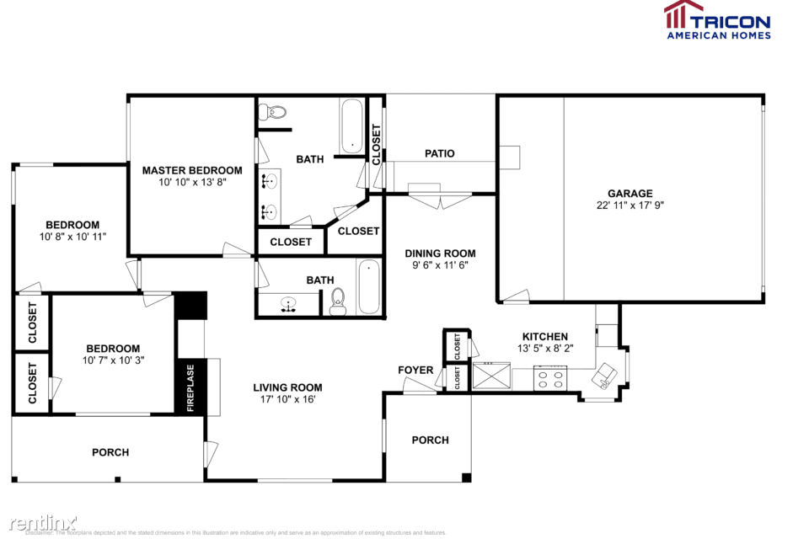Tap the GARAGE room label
point(630,193)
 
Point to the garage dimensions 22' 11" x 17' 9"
point(630,205)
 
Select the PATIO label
point(439,153)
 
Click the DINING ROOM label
point(440,253)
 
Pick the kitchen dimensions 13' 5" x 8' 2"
point(544,348)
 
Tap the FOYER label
point(415,370)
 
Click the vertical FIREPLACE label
point(190,387)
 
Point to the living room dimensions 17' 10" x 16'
point(287,400)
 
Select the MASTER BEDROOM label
point(191,170)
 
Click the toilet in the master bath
point(272,111)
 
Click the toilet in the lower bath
point(339,301)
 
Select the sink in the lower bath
point(288,304)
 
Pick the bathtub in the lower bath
point(368,287)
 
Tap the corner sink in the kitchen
point(605,376)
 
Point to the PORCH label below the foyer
point(430,440)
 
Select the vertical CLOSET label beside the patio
point(376,144)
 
